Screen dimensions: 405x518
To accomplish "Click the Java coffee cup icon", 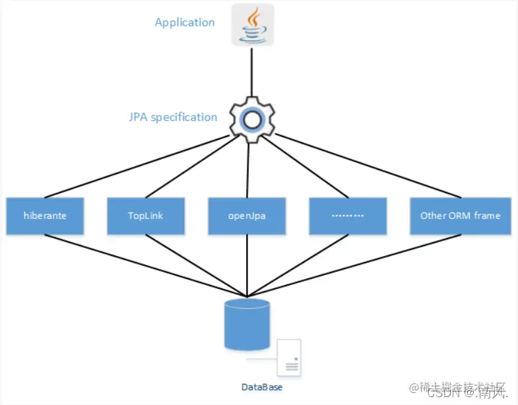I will click(252, 26).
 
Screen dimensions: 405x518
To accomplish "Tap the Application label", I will click(184, 22).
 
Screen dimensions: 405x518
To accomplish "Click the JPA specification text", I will click(173, 117).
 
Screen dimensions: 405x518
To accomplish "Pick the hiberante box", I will click(45, 216).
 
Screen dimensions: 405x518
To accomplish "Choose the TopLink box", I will click(146, 216).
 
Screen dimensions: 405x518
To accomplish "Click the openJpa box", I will click(247, 216).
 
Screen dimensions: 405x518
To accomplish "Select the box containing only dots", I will click(348, 216).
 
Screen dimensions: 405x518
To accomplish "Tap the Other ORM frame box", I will click(460, 216).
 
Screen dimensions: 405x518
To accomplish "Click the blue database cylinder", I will click(247, 323).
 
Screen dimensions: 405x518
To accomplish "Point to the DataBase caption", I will click(261, 387).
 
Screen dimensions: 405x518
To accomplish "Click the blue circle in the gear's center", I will click(251, 119).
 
